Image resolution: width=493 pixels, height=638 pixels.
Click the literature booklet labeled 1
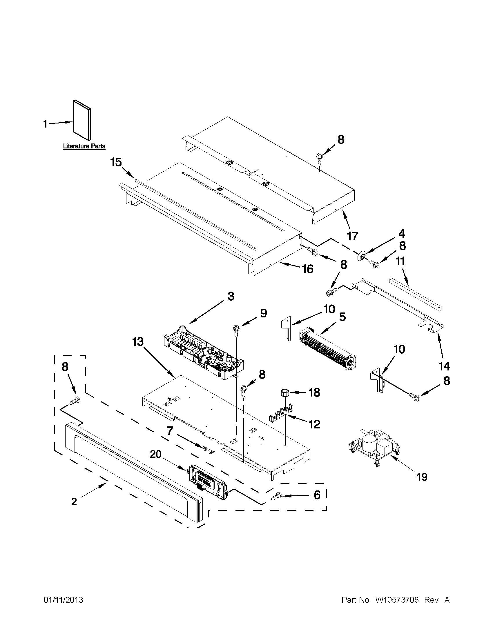pos(82,120)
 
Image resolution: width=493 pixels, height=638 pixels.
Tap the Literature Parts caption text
pos(84,146)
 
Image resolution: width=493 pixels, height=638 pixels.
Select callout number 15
pos(116,162)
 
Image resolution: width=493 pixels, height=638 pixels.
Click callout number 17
pos(353,236)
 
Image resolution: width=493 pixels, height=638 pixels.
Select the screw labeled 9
pos(235,330)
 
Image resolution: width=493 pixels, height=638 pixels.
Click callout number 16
pos(308,269)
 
